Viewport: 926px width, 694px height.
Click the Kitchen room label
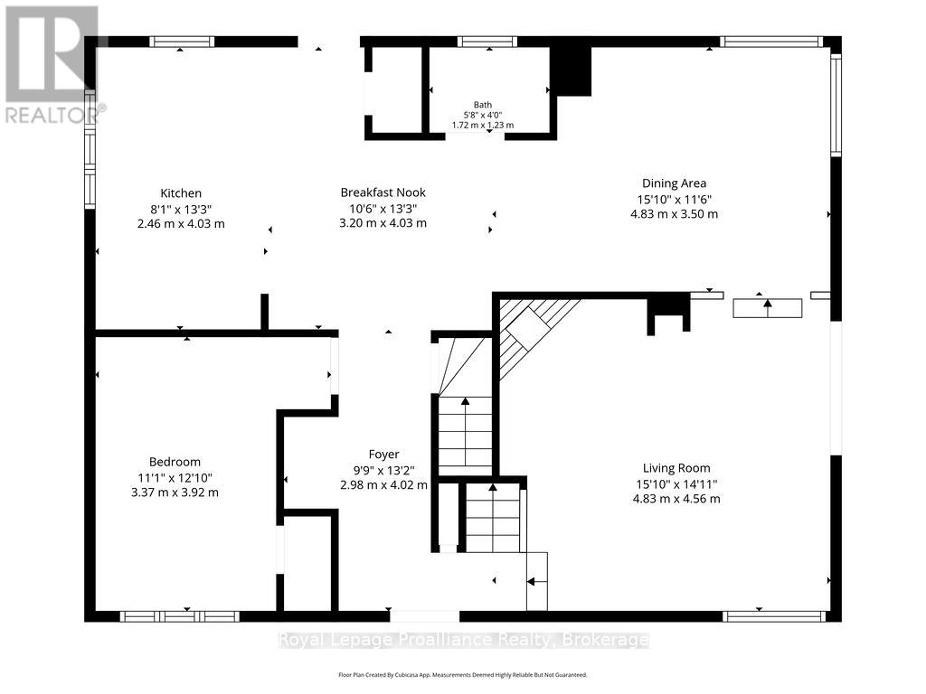point(181,193)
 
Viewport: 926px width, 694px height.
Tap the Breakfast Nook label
point(383,192)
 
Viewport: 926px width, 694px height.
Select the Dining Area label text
point(674,183)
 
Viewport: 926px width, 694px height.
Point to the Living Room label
point(676,469)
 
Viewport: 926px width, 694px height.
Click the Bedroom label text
point(175,462)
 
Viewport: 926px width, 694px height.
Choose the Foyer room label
point(383,455)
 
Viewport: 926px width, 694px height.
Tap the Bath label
point(483,105)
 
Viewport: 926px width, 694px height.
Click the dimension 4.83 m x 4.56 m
point(676,499)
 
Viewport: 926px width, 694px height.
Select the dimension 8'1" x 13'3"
point(181,209)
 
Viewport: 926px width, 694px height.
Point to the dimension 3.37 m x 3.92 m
point(175,492)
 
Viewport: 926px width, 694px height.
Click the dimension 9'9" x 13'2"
point(383,470)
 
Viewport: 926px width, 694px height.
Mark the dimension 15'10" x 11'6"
point(674,200)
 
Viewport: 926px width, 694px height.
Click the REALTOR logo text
point(55,115)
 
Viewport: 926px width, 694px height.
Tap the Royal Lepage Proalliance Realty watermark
point(463,640)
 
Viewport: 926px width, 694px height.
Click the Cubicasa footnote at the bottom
point(463,674)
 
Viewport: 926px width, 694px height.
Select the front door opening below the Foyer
point(425,616)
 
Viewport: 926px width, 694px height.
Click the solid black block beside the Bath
point(572,70)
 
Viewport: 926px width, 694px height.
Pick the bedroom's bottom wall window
point(180,616)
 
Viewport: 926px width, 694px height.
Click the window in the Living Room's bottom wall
point(774,616)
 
